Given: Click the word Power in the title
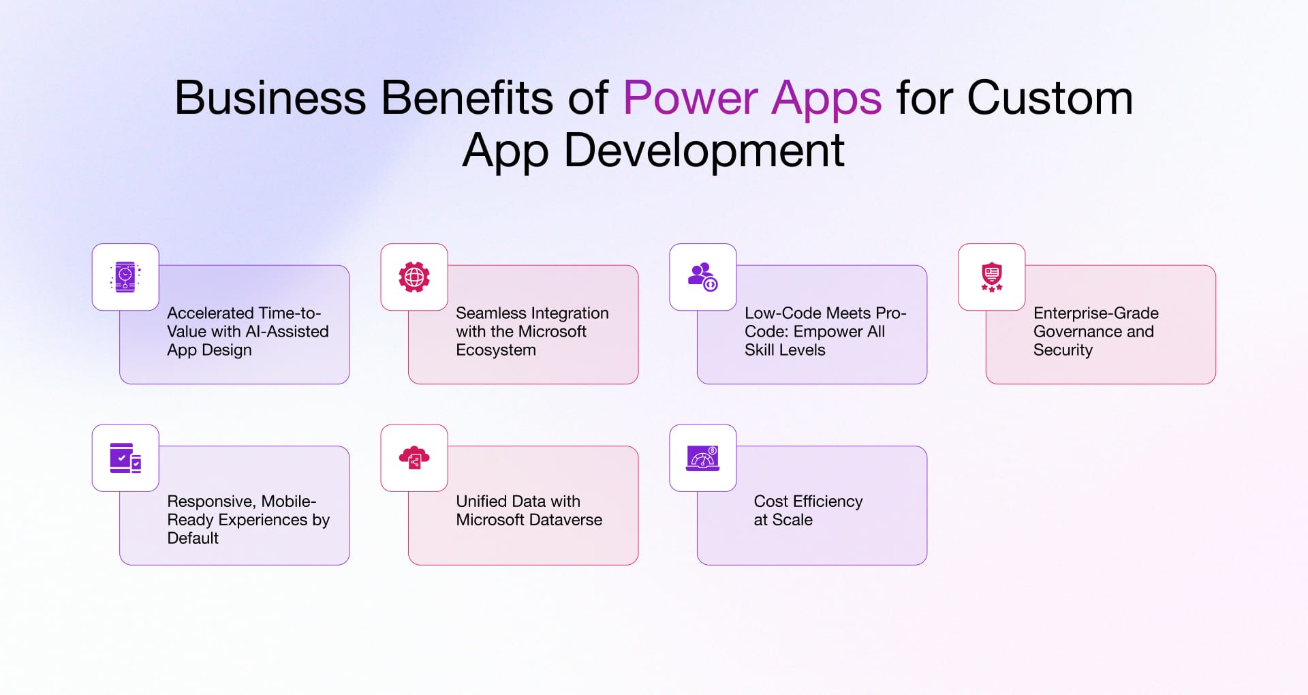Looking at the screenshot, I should pos(690,99).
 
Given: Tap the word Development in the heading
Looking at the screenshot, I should pos(704,151).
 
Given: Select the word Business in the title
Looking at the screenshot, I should pos(270,99).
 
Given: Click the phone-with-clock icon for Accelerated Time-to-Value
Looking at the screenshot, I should pos(125,277).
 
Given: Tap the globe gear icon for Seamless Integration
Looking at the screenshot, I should pos(414,277).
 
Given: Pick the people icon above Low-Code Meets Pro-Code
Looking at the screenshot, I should pos(702,277).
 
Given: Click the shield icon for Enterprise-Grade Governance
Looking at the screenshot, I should pos(991,277).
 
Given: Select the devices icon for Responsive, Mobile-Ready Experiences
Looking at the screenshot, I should pos(125,458).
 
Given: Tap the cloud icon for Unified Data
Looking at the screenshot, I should pos(414,458).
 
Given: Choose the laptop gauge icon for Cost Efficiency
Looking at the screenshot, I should pos(702,458).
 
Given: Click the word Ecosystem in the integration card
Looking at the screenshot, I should pos(496,350).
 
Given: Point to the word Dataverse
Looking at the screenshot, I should pos(569,520).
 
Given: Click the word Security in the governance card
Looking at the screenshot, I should pos(1063,350).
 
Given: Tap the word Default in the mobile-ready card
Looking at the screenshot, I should pos(193,538).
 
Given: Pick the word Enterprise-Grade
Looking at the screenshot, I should pos(1095,313).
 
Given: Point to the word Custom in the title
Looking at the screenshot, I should pos(1050,99).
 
